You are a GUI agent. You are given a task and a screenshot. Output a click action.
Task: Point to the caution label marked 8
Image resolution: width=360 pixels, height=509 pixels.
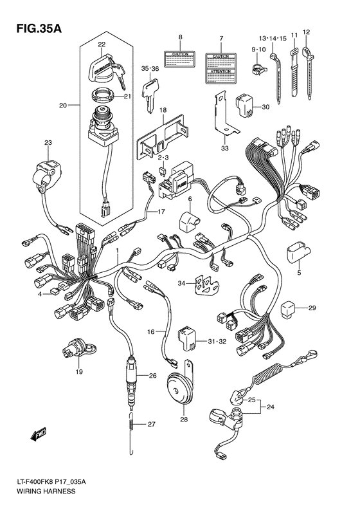[180, 60]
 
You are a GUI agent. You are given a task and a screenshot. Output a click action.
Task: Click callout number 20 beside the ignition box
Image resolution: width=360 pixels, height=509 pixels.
[63, 105]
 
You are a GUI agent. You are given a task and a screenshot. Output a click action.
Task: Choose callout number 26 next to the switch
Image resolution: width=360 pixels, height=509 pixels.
[152, 376]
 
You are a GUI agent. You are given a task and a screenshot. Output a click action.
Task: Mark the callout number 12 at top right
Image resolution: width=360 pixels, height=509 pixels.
[306, 32]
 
